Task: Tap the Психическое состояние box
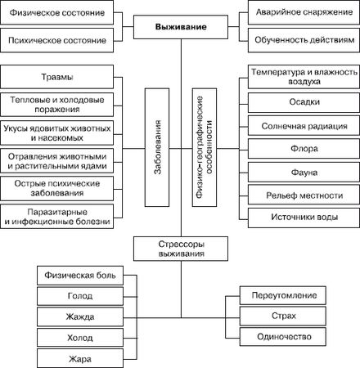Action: (x=55, y=38)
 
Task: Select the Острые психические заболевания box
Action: (x=62, y=189)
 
